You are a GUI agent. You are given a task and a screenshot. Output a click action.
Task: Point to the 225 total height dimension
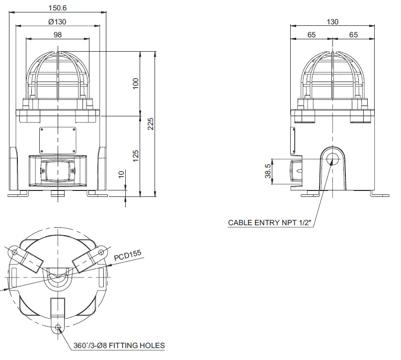(x=151, y=123)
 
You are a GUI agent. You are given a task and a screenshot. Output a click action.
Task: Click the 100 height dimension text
(x=136, y=84)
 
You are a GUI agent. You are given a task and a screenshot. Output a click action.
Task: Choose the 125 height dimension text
(x=136, y=156)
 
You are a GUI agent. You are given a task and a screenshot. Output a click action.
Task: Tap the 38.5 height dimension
(x=268, y=171)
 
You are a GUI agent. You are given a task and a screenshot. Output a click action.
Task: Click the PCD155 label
(x=128, y=256)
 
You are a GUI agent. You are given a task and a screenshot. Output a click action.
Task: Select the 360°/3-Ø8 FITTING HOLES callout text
(x=119, y=345)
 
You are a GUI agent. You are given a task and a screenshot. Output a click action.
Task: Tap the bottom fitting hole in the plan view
(x=59, y=327)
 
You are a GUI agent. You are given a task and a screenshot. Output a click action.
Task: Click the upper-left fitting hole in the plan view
(x=14, y=252)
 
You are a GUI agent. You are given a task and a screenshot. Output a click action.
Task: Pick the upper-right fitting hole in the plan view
(x=102, y=252)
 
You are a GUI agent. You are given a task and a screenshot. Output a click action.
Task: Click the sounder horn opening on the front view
(x=58, y=170)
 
